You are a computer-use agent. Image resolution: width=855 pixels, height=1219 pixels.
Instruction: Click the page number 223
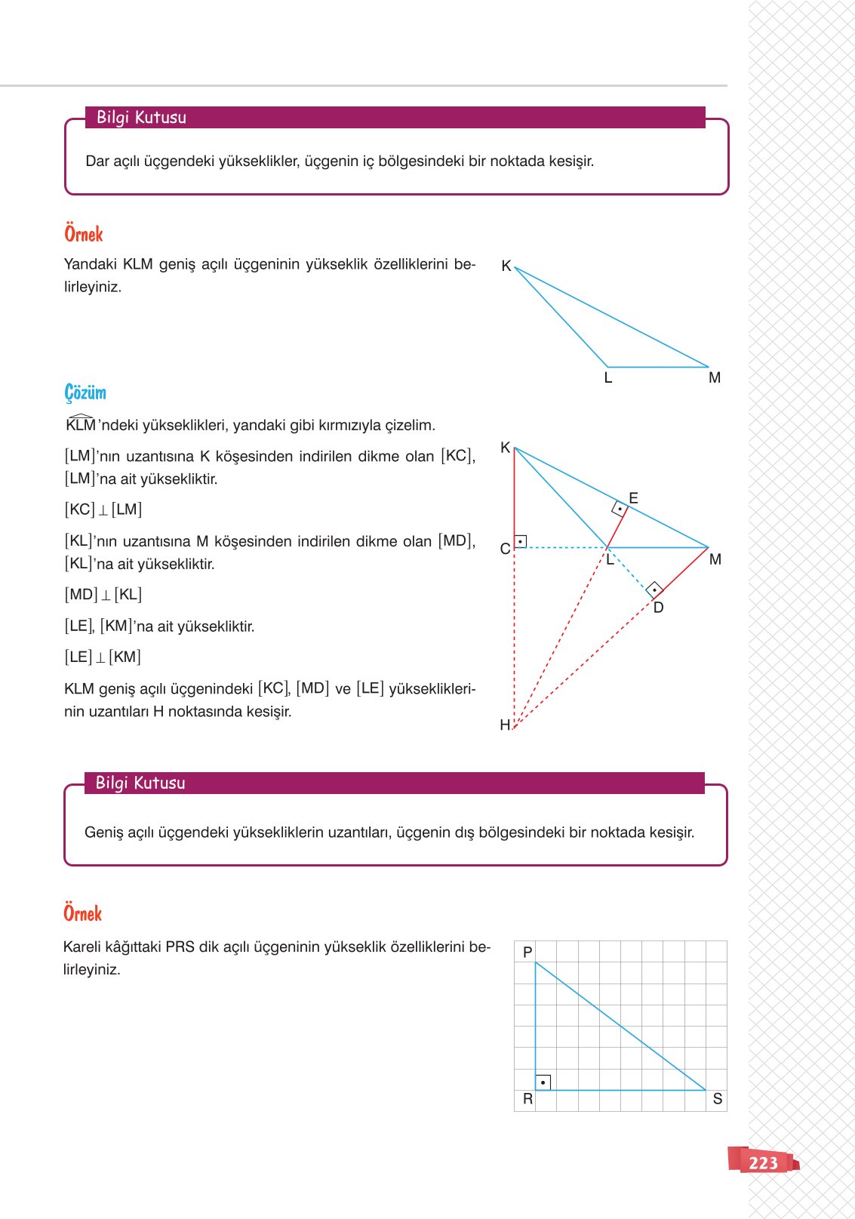pyautogui.click(x=763, y=1162)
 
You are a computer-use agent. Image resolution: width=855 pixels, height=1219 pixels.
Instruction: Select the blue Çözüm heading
pyautogui.click(x=85, y=392)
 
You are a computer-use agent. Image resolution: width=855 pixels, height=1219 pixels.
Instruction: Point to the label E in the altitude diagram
pyautogui.click(x=633, y=498)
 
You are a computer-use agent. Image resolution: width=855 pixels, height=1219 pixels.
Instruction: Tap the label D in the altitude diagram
pyautogui.click(x=658, y=608)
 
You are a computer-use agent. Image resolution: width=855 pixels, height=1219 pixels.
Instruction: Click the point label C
pyautogui.click(x=505, y=549)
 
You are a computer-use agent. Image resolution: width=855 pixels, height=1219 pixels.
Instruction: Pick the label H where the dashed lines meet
pyautogui.click(x=505, y=725)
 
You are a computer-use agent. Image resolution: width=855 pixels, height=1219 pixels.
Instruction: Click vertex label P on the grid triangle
pyautogui.click(x=527, y=953)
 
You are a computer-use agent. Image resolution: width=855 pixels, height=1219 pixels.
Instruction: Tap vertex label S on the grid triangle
pyautogui.click(x=718, y=1099)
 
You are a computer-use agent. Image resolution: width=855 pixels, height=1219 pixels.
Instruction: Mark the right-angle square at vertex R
pyautogui.click(x=543, y=1082)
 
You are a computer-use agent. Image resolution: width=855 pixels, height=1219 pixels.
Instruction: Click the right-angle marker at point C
pyautogui.click(x=521, y=541)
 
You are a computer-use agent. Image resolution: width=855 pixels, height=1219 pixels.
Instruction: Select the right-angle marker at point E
pyautogui.click(x=620, y=509)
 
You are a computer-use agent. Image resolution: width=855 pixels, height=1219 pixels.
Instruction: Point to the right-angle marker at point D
pyautogui.click(x=655, y=589)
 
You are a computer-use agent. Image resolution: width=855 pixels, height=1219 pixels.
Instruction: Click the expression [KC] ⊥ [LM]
pyautogui.click(x=103, y=509)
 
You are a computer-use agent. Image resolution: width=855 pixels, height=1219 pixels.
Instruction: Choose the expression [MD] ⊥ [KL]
pyautogui.click(x=103, y=595)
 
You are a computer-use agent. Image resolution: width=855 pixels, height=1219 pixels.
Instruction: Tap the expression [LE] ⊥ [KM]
pyautogui.click(x=103, y=657)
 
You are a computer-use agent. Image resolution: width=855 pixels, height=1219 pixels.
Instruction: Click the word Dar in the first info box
pyautogui.click(x=97, y=161)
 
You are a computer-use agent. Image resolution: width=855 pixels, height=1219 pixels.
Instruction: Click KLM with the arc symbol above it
pyautogui.click(x=81, y=424)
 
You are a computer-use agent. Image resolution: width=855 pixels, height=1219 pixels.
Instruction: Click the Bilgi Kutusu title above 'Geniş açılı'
pyautogui.click(x=140, y=783)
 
